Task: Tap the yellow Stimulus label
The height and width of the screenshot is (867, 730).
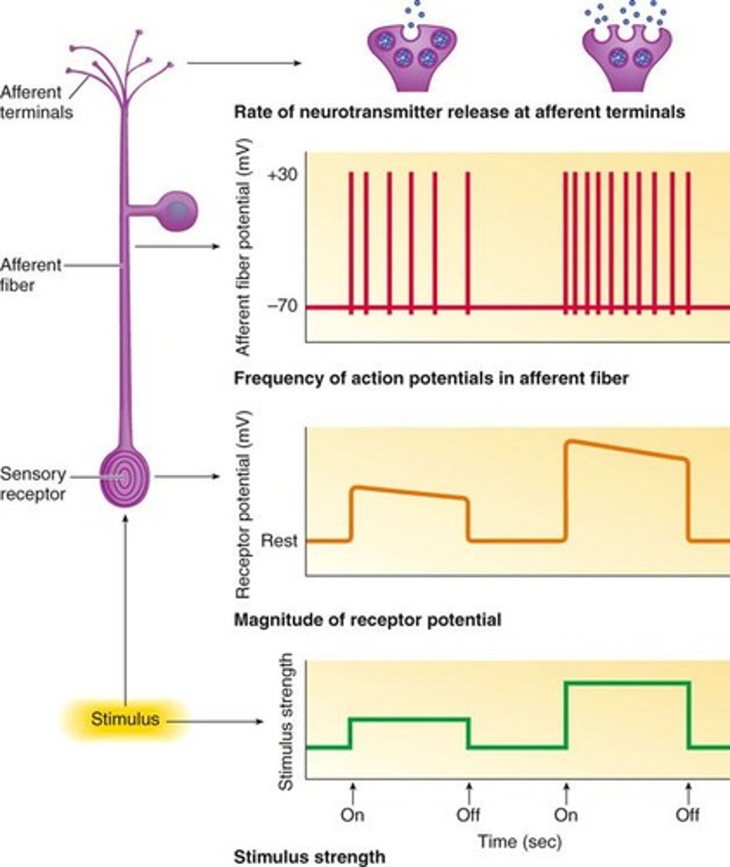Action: pyautogui.click(x=124, y=719)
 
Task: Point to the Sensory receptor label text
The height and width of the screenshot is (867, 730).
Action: pyautogui.click(x=33, y=484)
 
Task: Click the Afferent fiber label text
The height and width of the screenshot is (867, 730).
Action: pyautogui.click(x=31, y=275)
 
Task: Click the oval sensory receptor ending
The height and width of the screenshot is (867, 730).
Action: pyautogui.click(x=124, y=477)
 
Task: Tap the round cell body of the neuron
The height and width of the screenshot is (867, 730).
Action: pyautogui.click(x=176, y=210)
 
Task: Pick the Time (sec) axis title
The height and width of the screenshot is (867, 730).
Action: pyautogui.click(x=519, y=841)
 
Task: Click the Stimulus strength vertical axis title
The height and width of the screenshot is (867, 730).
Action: pyautogui.click(x=286, y=720)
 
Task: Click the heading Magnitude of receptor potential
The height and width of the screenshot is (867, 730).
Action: pyautogui.click(x=368, y=619)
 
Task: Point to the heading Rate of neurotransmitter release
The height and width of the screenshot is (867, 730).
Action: pyautogui.click(x=459, y=112)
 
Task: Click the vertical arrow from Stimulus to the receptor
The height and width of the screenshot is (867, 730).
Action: pyautogui.click(x=126, y=607)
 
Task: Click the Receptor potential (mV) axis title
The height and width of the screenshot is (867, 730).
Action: pyautogui.click(x=243, y=506)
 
